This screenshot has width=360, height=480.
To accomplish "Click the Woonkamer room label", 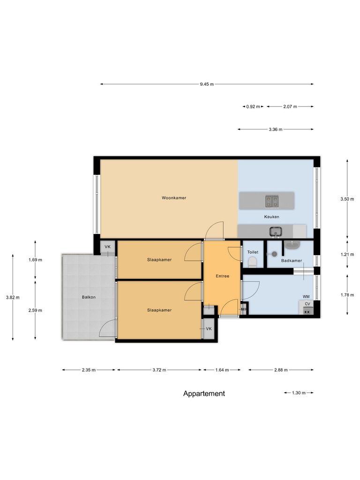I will coord(174,198).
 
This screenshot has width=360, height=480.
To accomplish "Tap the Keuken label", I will coord(271,217).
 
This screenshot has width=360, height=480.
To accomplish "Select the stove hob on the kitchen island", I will coord(271,201).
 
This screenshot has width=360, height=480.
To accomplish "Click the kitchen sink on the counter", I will coord(275,231).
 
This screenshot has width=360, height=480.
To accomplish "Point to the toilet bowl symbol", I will coord(253,262).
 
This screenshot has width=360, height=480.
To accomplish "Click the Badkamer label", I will coord(291,260).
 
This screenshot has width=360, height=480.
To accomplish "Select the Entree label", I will coord(222,276).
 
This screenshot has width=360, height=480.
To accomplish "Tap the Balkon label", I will coord(89,297).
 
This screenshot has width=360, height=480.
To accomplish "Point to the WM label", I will coord(306,297).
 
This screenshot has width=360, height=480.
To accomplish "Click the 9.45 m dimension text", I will coord(206,84).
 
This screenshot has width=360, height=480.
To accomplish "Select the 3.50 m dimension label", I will coord(347,199).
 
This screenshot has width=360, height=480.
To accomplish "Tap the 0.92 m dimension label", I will coord(253,107).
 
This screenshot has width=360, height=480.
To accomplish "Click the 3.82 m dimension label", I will coord(13,297).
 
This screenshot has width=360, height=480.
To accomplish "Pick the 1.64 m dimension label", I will coord(222,370).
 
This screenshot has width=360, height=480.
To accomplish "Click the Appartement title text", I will coord(204,394).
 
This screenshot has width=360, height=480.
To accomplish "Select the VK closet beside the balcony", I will coord(107,247).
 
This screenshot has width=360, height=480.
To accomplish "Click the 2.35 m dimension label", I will coord(89,370).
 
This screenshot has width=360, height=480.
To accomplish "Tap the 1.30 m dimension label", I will coord(299,393).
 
